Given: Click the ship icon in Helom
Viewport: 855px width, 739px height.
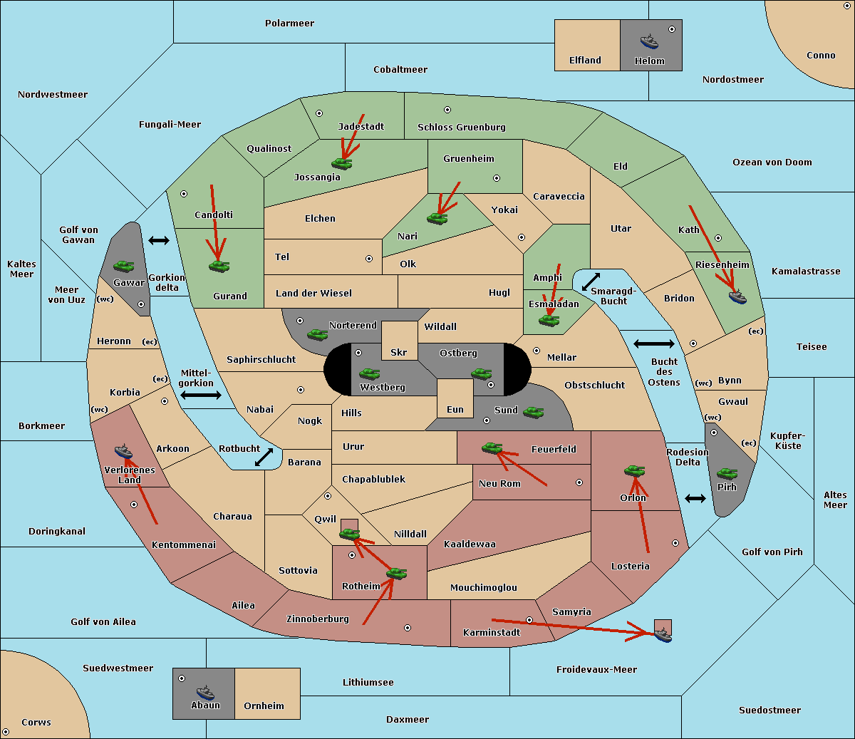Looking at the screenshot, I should [649, 41].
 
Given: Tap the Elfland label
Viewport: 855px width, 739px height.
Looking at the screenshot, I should [585, 61].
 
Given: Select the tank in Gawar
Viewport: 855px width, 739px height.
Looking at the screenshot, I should [124, 267].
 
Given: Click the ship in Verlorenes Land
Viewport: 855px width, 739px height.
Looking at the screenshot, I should [124, 451].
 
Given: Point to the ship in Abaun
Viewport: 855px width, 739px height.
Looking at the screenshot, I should [205, 692].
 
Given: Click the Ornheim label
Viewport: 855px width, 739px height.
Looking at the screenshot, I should [264, 706].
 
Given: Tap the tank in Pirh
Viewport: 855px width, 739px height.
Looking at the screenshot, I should [727, 474].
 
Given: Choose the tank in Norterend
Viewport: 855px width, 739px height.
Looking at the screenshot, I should [317, 334].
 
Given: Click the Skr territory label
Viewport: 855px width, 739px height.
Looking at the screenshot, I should [399, 353].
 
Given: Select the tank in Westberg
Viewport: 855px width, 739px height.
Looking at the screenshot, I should [369, 373].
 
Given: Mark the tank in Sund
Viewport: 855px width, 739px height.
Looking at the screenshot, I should [533, 412].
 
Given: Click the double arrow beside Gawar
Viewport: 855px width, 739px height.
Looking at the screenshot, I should [159, 241].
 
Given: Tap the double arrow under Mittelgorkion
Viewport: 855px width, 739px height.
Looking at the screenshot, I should [201, 396].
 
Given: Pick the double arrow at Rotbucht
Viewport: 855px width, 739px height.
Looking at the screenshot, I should [264, 457].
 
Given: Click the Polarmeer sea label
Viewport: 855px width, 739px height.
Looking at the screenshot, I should [289, 24].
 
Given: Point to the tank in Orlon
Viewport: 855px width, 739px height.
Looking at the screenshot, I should [634, 471].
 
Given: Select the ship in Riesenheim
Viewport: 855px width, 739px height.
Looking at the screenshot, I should [737, 296].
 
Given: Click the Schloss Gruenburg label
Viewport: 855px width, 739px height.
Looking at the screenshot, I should [461, 128].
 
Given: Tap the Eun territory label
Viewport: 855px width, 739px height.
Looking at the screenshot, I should [455, 410].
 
